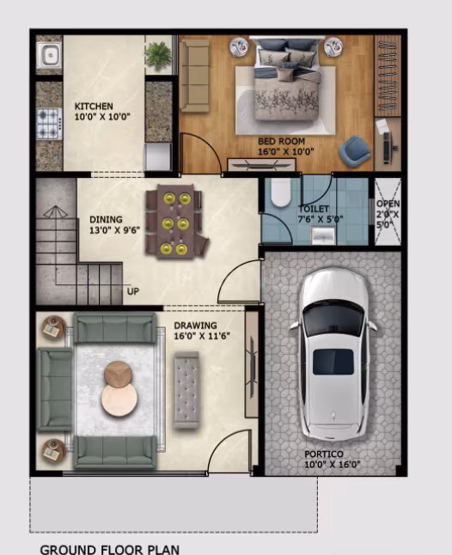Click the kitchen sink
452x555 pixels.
(x=50, y=55)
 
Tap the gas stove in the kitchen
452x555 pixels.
(x=50, y=124)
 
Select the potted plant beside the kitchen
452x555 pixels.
(x=158, y=55)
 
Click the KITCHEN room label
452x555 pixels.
(x=94, y=107)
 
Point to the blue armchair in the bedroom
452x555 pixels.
(x=354, y=150)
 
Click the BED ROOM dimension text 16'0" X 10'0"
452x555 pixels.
(x=286, y=152)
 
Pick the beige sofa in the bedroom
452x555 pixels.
(x=194, y=76)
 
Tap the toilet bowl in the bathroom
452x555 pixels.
(x=280, y=192)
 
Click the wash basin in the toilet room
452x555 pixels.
(x=323, y=235)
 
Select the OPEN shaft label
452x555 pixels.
(x=388, y=204)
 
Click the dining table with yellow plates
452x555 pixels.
(x=175, y=221)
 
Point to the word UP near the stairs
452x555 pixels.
(x=133, y=291)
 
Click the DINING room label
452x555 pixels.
(x=106, y=219)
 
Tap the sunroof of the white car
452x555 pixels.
(x=333, y=362)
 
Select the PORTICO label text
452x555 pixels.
(x=324, y=454)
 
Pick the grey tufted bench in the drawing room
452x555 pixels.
(x=186, y=390)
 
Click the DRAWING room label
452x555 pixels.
(x=195, y=326)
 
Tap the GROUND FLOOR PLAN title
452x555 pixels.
(x=110, y=549)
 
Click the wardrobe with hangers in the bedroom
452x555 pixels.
(x=388, y=76)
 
